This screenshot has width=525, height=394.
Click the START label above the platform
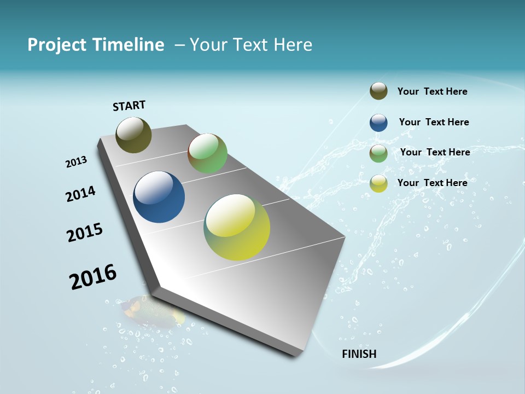(x=129, y=106)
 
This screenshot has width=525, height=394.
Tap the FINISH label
(x=359, y=354)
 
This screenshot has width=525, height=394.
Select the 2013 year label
(x=76, y=161)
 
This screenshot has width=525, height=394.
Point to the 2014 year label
(x=80, y=194)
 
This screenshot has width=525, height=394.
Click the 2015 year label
(x=85, y=232)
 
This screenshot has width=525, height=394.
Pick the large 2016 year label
(x=93, y=276)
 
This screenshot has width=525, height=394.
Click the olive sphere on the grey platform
(x=133, y=135)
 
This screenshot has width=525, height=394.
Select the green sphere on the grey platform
(x=207, y=153)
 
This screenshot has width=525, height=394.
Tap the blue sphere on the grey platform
(x=159, y=197)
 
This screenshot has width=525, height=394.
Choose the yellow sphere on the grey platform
(x=237, y=227)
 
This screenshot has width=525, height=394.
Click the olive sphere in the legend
(x=378, y=91)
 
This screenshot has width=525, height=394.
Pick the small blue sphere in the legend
(x=378, y=123)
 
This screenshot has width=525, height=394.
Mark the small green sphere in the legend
(x=378, y=153)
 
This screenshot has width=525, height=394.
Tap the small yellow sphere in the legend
(x=378, y=183)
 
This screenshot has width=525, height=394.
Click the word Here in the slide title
(x=293, y=45)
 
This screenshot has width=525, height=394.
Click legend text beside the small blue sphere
(x=434, y=122)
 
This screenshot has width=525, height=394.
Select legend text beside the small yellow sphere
(x=432, y=183)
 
